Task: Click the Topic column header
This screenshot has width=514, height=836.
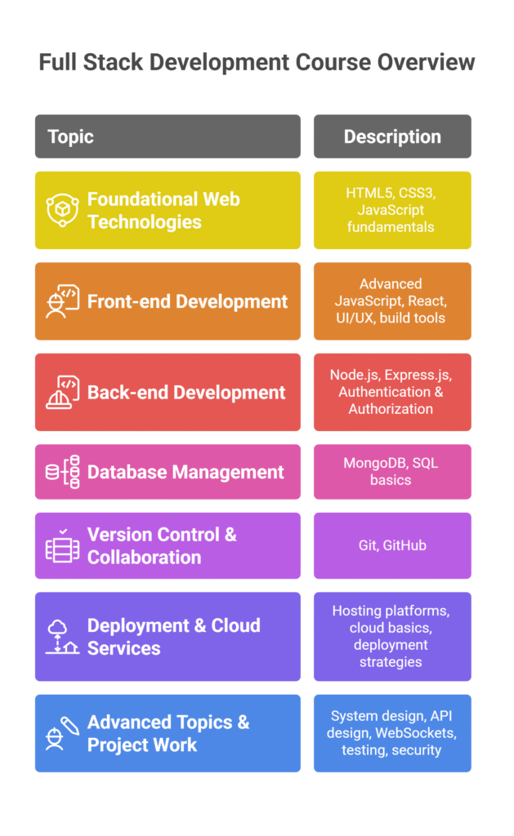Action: [x=168, y=136]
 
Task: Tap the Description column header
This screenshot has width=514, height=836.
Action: [x=392, y=136]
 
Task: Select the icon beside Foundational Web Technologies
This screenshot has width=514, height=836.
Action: [x=62, y=210]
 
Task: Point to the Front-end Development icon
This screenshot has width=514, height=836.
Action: [x=62, y=301]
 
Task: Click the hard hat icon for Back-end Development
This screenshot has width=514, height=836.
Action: [x=62, y=393]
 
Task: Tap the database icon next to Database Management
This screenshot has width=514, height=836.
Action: [x=62, y=472]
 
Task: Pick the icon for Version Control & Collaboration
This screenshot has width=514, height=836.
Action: [x=62, y=545]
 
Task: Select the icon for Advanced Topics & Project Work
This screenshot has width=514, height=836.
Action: [x=62, y=734]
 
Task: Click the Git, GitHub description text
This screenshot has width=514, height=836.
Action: [x=392, y=545]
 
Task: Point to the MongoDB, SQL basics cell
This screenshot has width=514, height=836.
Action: [x=392, y=472]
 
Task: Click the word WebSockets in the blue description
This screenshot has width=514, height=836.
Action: [x=416, y=733]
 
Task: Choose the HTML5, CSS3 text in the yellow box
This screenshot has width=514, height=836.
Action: [x=391, y=193]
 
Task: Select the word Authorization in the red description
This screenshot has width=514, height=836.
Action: [x=391, y=409]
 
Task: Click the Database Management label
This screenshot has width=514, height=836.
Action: [x=185, y=473]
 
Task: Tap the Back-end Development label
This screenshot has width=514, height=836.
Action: [x=186, y=393]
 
